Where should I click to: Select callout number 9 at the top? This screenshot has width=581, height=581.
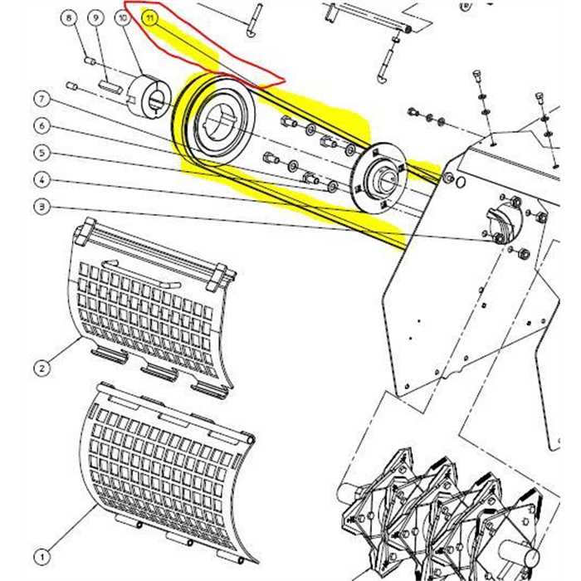click(x=96, y=17)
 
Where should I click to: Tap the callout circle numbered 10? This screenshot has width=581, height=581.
click(x=123, y=17)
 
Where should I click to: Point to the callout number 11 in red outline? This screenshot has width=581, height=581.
click(x=149, y=17)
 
